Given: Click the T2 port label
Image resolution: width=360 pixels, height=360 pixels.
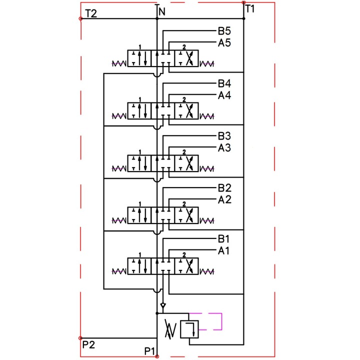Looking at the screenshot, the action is [x=91, y=13].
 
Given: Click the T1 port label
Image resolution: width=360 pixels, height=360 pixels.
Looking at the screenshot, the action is [x=250, y=9].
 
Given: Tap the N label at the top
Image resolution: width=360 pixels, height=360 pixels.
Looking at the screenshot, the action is [x=162, y=11].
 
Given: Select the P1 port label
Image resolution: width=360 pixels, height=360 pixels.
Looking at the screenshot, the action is [x=149, y=351].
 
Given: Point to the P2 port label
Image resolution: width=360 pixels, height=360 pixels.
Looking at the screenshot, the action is [x=88, y=344].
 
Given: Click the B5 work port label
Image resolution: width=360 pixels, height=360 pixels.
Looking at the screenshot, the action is [x=224, y=31].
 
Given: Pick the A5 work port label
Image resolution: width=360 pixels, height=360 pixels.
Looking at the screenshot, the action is [x=224, y=42].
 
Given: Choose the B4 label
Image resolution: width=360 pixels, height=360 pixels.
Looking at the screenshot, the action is [x=224, y=83].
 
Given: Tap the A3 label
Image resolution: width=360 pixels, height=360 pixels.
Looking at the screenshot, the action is [x=224, y=148].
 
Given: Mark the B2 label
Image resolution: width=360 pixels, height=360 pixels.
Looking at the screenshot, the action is [x=224, y=188].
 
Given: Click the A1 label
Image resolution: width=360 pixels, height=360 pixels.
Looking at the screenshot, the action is [x=223, y=250].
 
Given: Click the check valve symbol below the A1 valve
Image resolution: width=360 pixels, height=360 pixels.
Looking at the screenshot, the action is [x=163, y=305].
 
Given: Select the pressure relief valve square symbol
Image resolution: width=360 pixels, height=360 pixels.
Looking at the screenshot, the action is [x=189, y=329].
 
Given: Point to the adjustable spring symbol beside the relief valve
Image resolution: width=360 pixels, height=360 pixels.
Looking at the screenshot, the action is [x=170, y=329].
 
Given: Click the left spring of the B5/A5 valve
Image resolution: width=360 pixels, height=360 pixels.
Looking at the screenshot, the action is [x=119, y=63].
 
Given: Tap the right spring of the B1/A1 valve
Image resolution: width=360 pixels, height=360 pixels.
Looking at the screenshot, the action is [x=207, y=272].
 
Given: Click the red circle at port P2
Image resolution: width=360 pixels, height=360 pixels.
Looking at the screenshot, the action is [x=80, y=338].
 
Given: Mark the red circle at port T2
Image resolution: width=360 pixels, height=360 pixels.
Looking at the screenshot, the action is [x=80, y=18].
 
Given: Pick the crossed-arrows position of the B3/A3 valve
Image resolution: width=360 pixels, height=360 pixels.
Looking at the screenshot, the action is [x=186, y=163].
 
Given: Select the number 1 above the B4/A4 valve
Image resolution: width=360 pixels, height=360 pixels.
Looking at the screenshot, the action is [x=140, y=99].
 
